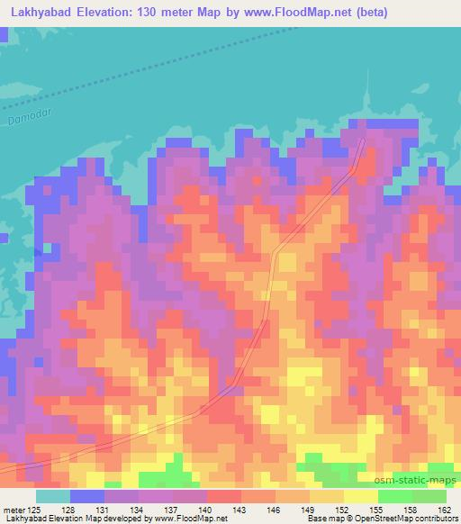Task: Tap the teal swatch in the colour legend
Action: click(53, 496)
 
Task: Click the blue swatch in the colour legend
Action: click(87, 496)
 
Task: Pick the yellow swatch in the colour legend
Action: click(361, 496)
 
